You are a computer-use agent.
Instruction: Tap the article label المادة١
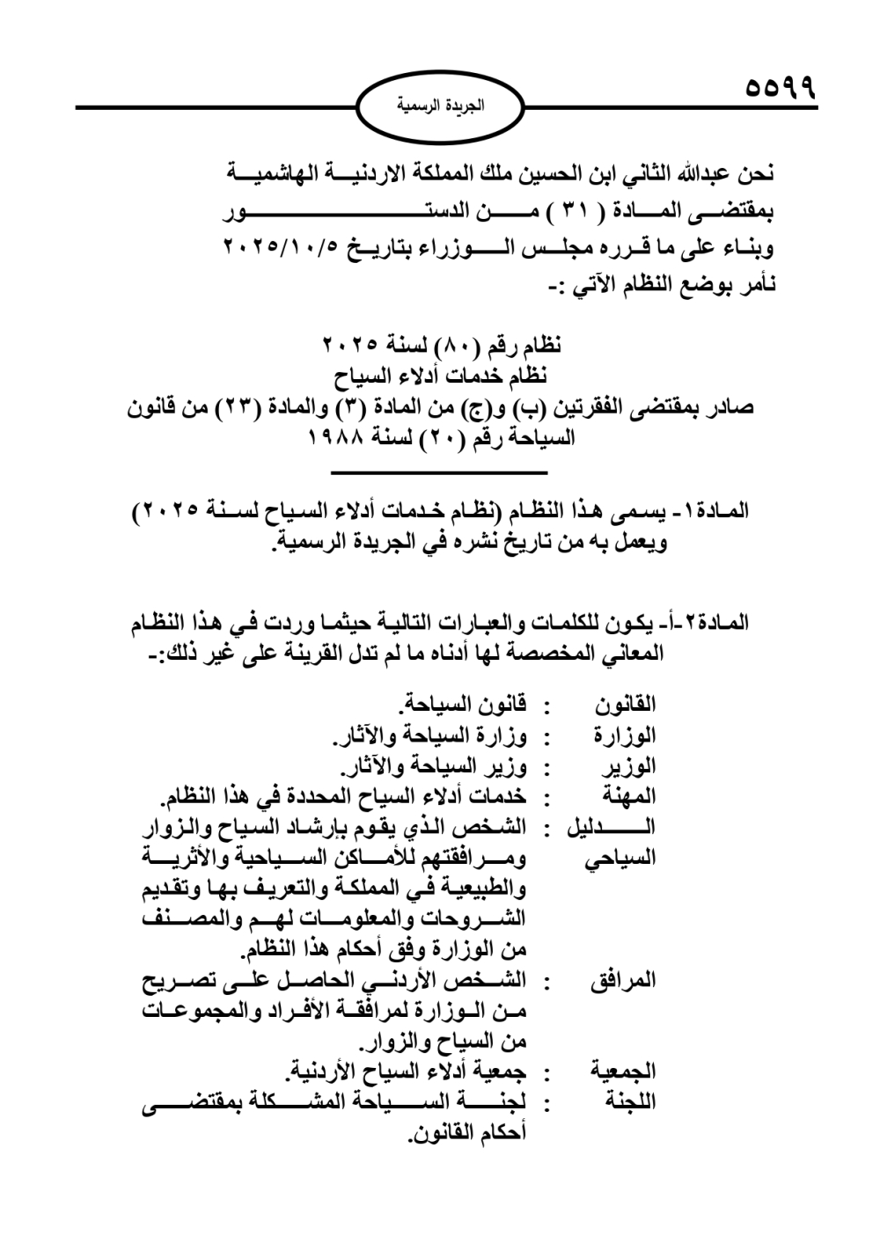[715, 511]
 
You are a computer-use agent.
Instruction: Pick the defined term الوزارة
[625, 735]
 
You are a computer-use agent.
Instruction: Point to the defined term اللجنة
[629, 1101]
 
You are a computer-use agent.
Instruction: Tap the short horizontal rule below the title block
[439, 475]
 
